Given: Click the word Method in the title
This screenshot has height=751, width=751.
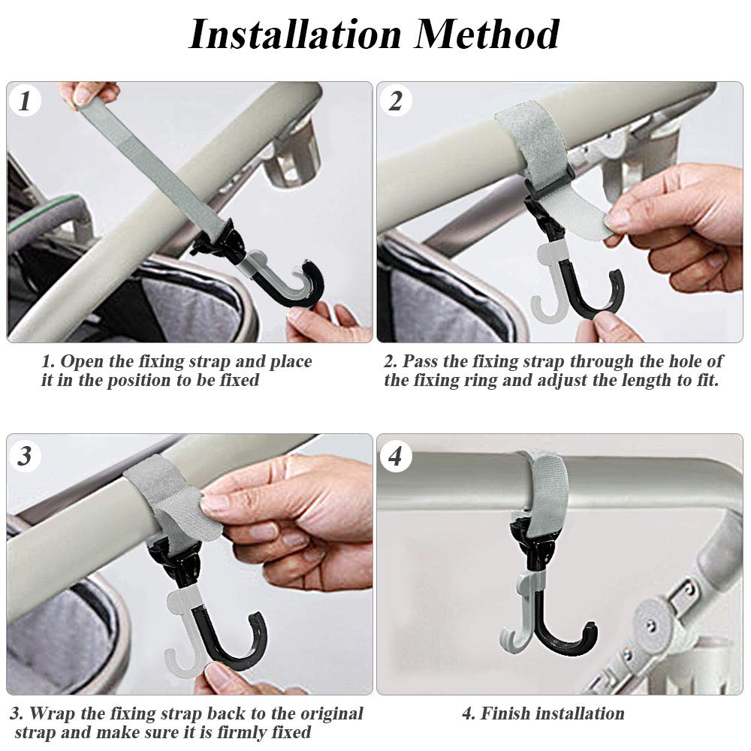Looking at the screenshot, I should pyautogui.click(x=488, y=34).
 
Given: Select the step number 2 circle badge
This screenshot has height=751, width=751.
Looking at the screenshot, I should pyautogui.click(x=396, y=101).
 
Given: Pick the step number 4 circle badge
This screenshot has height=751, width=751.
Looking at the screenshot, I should pyautogui.click(x=396, y=455).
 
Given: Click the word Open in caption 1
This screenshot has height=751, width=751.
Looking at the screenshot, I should pyautogui.click(x=83, y=361).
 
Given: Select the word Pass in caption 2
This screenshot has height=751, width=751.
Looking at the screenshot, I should pyautogui.click(x=422, y=361).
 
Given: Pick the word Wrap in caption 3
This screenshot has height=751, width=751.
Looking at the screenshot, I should pyautogui.click(x=54, y=713).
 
